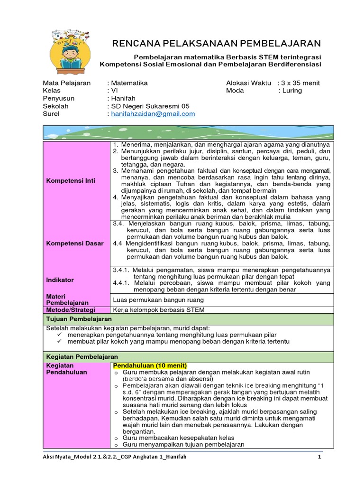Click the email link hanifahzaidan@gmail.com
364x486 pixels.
coord(153,114)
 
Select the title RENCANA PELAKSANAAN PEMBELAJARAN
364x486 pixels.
coord(216,44)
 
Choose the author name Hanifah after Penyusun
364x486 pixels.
coord(122,98)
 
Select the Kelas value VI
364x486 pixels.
coord(113,90)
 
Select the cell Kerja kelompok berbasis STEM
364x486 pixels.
coord(158,310)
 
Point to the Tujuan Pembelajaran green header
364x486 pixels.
coord(79,319)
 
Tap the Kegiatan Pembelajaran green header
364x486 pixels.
coord(82,356)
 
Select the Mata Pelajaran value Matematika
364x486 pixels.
coord(128,83)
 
